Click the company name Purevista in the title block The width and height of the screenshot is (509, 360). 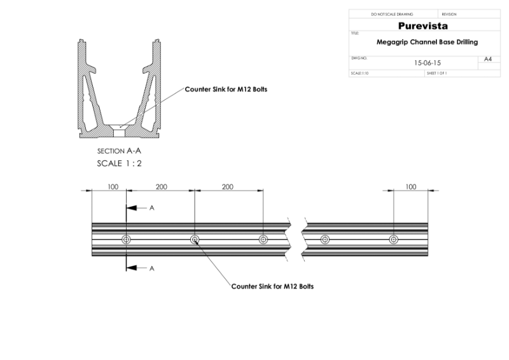tap(422, 26)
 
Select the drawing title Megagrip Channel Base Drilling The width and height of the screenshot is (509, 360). tap(427, 42)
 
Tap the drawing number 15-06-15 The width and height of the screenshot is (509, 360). tap(427, 63)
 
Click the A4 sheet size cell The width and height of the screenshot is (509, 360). tap(488, 59)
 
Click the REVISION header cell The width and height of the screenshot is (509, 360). tap(449, 14)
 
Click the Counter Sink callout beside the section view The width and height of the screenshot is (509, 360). tap(226, 90)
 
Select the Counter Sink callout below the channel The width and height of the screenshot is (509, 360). tap(272, 286)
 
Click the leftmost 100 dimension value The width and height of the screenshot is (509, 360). tap(112, 186)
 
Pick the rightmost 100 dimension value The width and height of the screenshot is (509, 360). tap(411, 186)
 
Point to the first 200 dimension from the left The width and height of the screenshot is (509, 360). tap(161, 186)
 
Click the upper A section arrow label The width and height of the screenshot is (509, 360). tap(151, 207)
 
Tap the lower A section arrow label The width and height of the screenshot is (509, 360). tap(151, 269)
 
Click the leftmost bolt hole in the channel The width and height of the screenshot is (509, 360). tap(127, 240)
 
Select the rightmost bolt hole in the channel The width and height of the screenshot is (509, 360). tap(394, 240)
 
